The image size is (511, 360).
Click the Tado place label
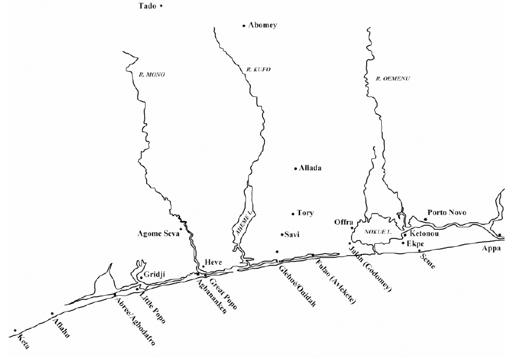coord(147,6)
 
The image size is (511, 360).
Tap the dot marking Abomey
coord(244,26)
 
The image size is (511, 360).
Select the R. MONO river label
coord(152,75)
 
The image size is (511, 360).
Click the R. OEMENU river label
coord(386,78)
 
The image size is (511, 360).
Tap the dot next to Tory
coord(293,214)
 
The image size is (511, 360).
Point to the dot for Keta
coord(15,331)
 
